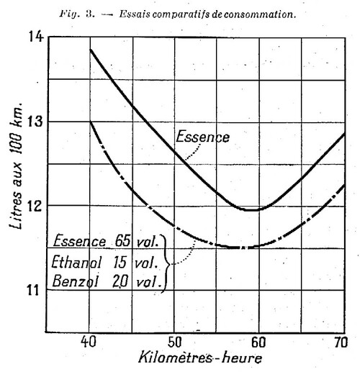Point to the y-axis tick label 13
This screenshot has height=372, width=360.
click(x=36, y=122)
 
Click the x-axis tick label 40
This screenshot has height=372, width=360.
click(x=89, y=342)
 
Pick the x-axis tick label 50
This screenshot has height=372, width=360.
click(x=174, y=342)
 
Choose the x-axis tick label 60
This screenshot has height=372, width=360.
click(x=258, y=342)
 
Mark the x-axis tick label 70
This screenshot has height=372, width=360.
click(x=340, y=342)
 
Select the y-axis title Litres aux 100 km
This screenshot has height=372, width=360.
click(x=17, y=165)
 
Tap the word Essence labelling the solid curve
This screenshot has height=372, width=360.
click(x=202, y=137)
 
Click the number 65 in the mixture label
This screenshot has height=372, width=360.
click(x=122, y=241)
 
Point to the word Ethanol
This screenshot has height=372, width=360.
click(x=76, y=262)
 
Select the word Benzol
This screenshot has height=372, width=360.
click(x=75, y=281)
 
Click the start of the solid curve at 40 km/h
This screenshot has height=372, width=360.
click(x=90, y=50)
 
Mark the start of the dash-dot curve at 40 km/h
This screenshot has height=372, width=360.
click(x=90, y=122)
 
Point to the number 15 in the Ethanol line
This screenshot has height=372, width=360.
click(x=120, y=262)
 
